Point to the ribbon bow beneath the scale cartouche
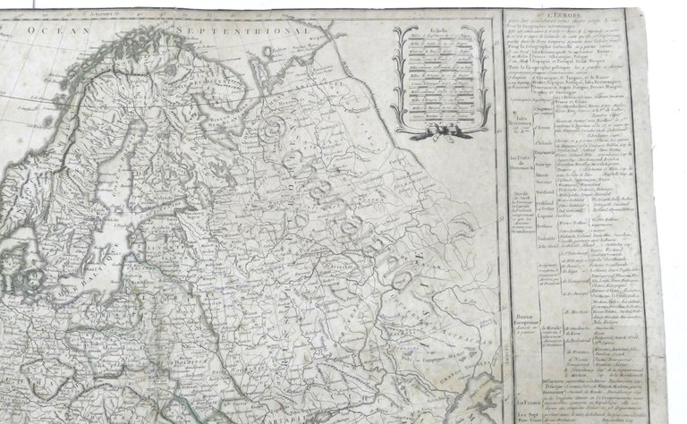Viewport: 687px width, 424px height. click(441, 130)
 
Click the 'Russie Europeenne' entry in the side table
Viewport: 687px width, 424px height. click(527, 320)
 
